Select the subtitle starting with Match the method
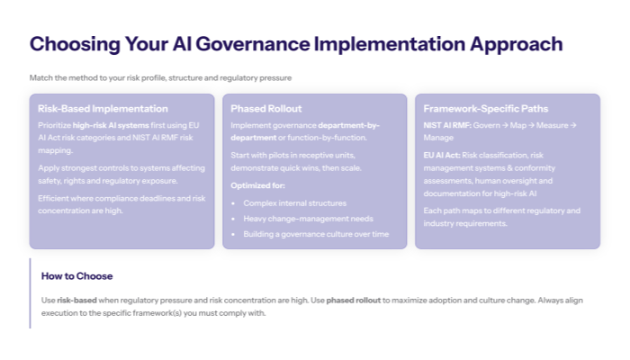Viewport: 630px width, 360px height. click(160, 78)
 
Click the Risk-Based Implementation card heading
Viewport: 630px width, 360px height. click(103, 108)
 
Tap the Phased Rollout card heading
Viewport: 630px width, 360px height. click(266, 108)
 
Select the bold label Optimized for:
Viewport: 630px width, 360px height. click(259, 184)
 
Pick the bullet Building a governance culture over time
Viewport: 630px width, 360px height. click(316, 233)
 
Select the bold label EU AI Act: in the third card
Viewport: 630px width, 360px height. click(443, 156)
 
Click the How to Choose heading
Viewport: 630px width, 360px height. click(76, 275)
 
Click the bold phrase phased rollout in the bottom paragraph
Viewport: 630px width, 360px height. click(353, 299)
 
